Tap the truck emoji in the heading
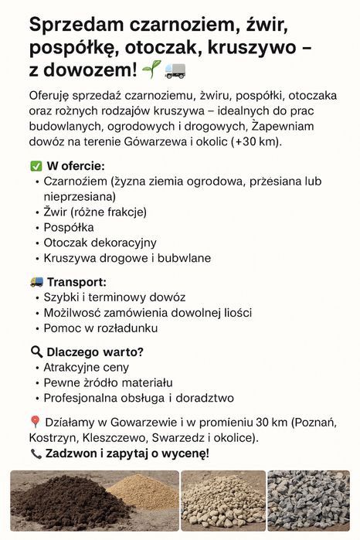[175, 71]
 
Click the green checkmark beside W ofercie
[36, 166]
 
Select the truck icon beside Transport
[36, 282]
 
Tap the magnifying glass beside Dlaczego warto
[36, 352]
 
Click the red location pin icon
[35, 422]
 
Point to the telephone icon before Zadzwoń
[36, 453]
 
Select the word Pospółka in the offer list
[69, 227]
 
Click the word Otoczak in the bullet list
[66, 243]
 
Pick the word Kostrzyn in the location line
[50, 438]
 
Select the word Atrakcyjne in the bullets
[73, 367]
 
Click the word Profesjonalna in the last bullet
[80, 398]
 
